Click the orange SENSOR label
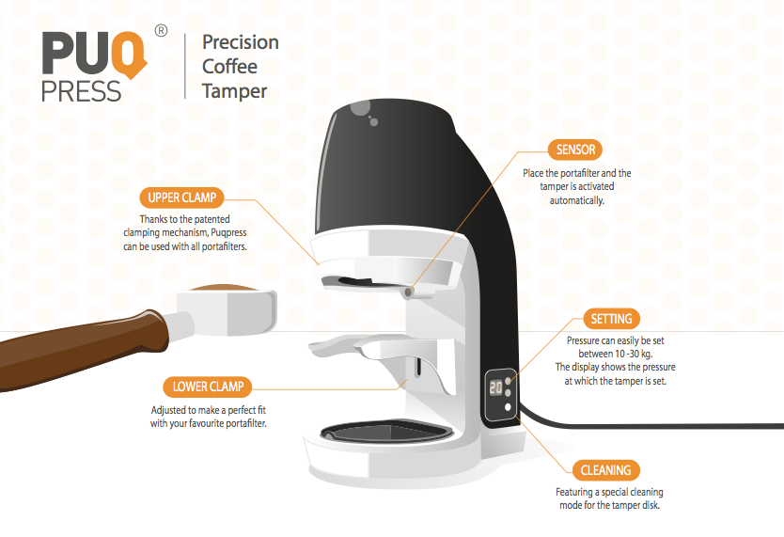[x=575, y=150]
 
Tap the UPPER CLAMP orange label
[x=182, y=197]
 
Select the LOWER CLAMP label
[x=208, y=386]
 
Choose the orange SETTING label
[x=612, y=319]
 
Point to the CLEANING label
[x=604, y=469]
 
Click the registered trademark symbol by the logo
[x=161, y=31]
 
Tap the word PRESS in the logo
[x=82, y=91]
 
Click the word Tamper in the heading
[x=235, y=91]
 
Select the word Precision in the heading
[x=241, y=42]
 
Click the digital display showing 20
[x=494, y=387]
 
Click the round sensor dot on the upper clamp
[x=409, y=292]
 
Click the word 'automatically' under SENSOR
[x=577, y=200]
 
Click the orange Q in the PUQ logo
[x=133, y=54]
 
